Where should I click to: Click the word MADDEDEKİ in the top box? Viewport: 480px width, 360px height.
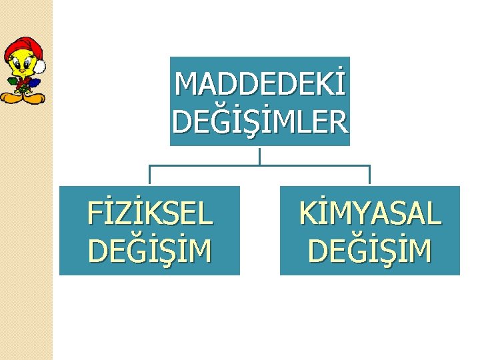coord(260,84)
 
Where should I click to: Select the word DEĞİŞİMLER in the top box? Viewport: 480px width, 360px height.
coord(260,121)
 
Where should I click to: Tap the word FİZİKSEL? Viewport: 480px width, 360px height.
coord(150,214)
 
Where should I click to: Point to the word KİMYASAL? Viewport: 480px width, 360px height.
coord(370,214)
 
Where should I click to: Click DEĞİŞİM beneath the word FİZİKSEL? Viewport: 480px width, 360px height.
coord(150,251)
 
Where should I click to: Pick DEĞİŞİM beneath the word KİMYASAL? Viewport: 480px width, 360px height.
coord(370,251)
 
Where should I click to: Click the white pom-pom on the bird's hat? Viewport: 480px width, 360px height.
coord(40,66)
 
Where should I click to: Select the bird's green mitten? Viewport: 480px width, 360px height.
coord(13,82)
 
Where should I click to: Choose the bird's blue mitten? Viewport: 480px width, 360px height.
coord(35,83)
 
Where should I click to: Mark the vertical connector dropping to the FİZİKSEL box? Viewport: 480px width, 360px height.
coord(149,175)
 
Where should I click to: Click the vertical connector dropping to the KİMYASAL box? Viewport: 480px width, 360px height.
coord(369,175)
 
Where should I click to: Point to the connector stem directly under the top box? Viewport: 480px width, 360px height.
coord(259,155)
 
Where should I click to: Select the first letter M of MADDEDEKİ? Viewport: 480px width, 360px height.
coord(184,84)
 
